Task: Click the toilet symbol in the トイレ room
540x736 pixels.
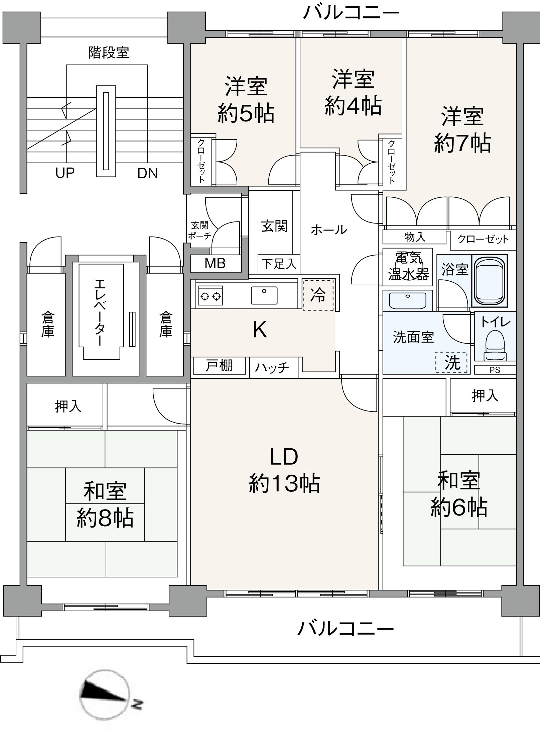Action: tap(495, 345)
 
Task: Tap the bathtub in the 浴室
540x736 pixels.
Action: tap(489, 281)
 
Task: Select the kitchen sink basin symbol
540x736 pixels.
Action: tap(264, 295)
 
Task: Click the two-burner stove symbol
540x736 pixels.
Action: tap(211, 296)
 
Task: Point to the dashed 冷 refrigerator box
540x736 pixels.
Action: tap(318, 295)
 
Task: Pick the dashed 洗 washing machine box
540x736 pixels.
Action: tap(451, 362)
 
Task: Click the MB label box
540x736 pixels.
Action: tap(216, 264)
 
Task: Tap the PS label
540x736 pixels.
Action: tap(495, 370)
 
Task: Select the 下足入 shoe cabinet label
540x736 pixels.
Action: tap(279, 264)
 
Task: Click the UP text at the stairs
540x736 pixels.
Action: tap(65, 173)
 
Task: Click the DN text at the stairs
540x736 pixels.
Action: tap(147, 173)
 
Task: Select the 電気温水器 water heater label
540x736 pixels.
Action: tap(408, 266)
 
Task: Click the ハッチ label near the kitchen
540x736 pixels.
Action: tap(272, 368)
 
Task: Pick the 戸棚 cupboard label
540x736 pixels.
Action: tap(219, 366)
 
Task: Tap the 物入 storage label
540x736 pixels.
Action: tap(415, 237)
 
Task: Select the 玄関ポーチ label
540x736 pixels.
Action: tap(199, 231)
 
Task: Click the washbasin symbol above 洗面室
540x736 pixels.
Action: tap(408, 300)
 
